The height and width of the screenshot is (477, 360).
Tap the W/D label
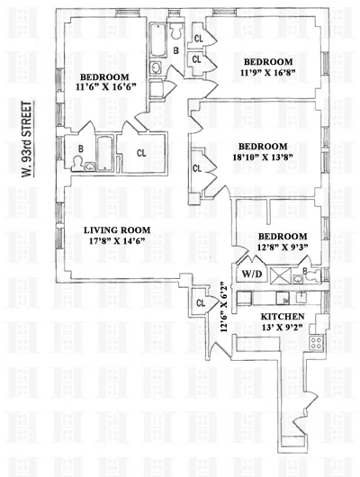[250, 275]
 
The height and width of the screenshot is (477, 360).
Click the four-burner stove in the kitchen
[316, 341]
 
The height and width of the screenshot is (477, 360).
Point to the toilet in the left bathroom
[82, 164]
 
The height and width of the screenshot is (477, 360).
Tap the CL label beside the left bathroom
[141, 154]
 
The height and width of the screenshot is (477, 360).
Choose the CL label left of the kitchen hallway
[199, 303]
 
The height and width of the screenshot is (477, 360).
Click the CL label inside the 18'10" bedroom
[196, 167]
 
